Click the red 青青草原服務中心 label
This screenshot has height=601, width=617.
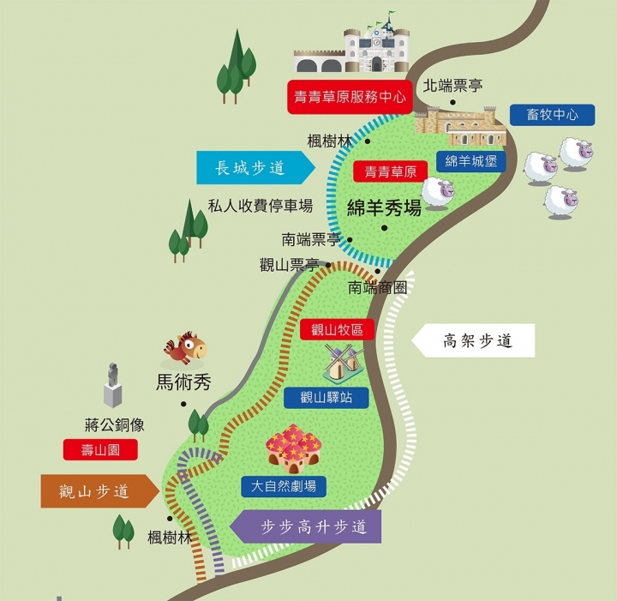(x=349, y=97)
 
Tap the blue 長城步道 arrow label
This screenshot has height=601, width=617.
(x=252, y=168)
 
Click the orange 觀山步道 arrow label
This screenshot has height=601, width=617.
(x=96, y=491)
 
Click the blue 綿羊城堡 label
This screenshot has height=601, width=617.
(x=470, y=160)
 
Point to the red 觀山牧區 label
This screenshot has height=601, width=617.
(x=338, y=329)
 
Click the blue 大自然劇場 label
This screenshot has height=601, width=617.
(x=283, y=486)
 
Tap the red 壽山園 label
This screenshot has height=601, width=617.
(x=99, y=449)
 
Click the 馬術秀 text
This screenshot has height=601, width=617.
(x=183, y=382)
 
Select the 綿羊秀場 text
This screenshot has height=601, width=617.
(x=385, y=207)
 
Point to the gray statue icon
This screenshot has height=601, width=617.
(x=113, y=385)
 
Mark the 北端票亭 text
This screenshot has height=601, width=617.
(x=452, y=87)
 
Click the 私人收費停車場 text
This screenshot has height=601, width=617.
(x=261, y=206)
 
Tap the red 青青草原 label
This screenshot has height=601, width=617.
(x=390, y=171)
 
